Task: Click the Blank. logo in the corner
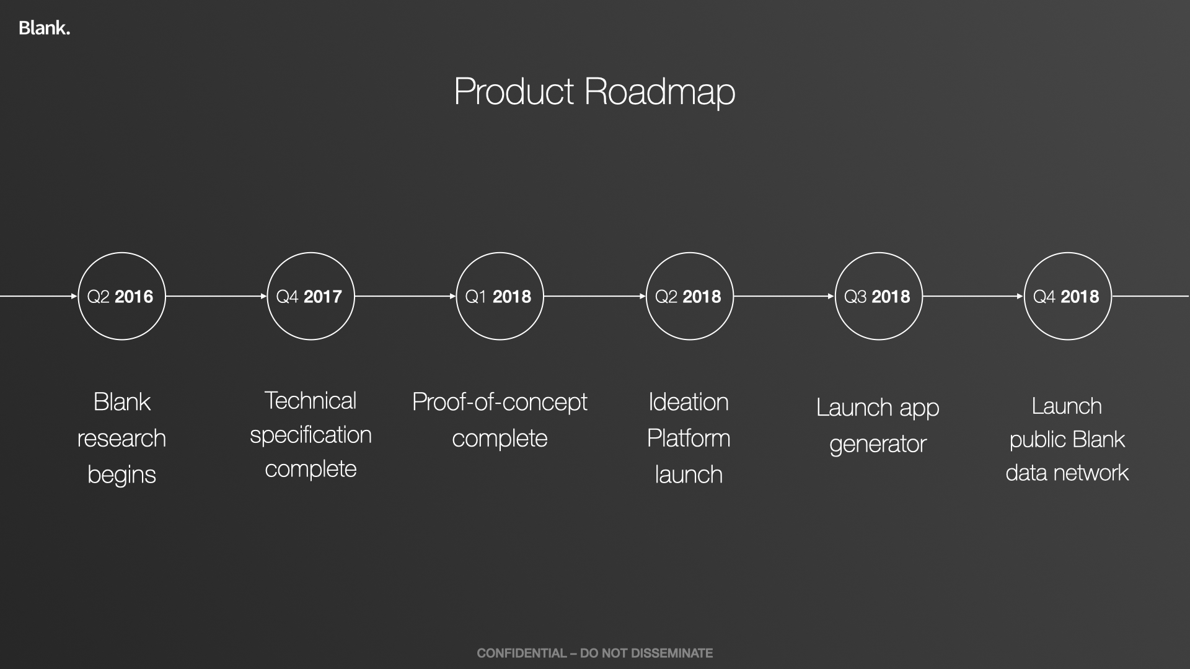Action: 44,28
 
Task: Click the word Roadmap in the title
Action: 659,92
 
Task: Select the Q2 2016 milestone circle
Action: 121,253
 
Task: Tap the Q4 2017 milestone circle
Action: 311,253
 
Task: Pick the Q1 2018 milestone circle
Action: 500,253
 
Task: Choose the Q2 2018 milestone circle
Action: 689,253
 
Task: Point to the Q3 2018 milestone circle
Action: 878,253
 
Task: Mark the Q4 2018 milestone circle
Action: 1067,253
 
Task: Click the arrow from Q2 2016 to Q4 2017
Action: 216,296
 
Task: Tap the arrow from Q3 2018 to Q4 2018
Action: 973,296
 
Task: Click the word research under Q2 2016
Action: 121,439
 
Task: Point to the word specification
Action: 311,436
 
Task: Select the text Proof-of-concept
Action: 500,403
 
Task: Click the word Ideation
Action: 689,403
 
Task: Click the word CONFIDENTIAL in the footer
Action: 522,653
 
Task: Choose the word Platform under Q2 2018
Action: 689,439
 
